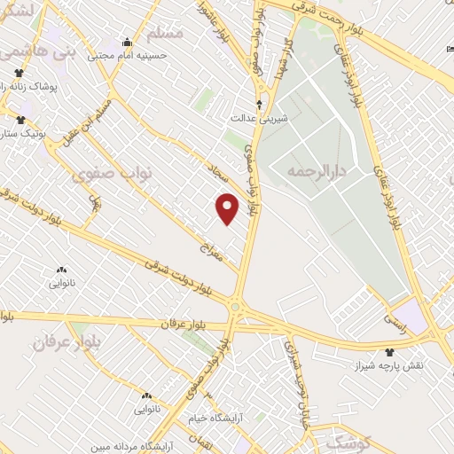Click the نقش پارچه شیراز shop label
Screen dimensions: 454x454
coord(392,365)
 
